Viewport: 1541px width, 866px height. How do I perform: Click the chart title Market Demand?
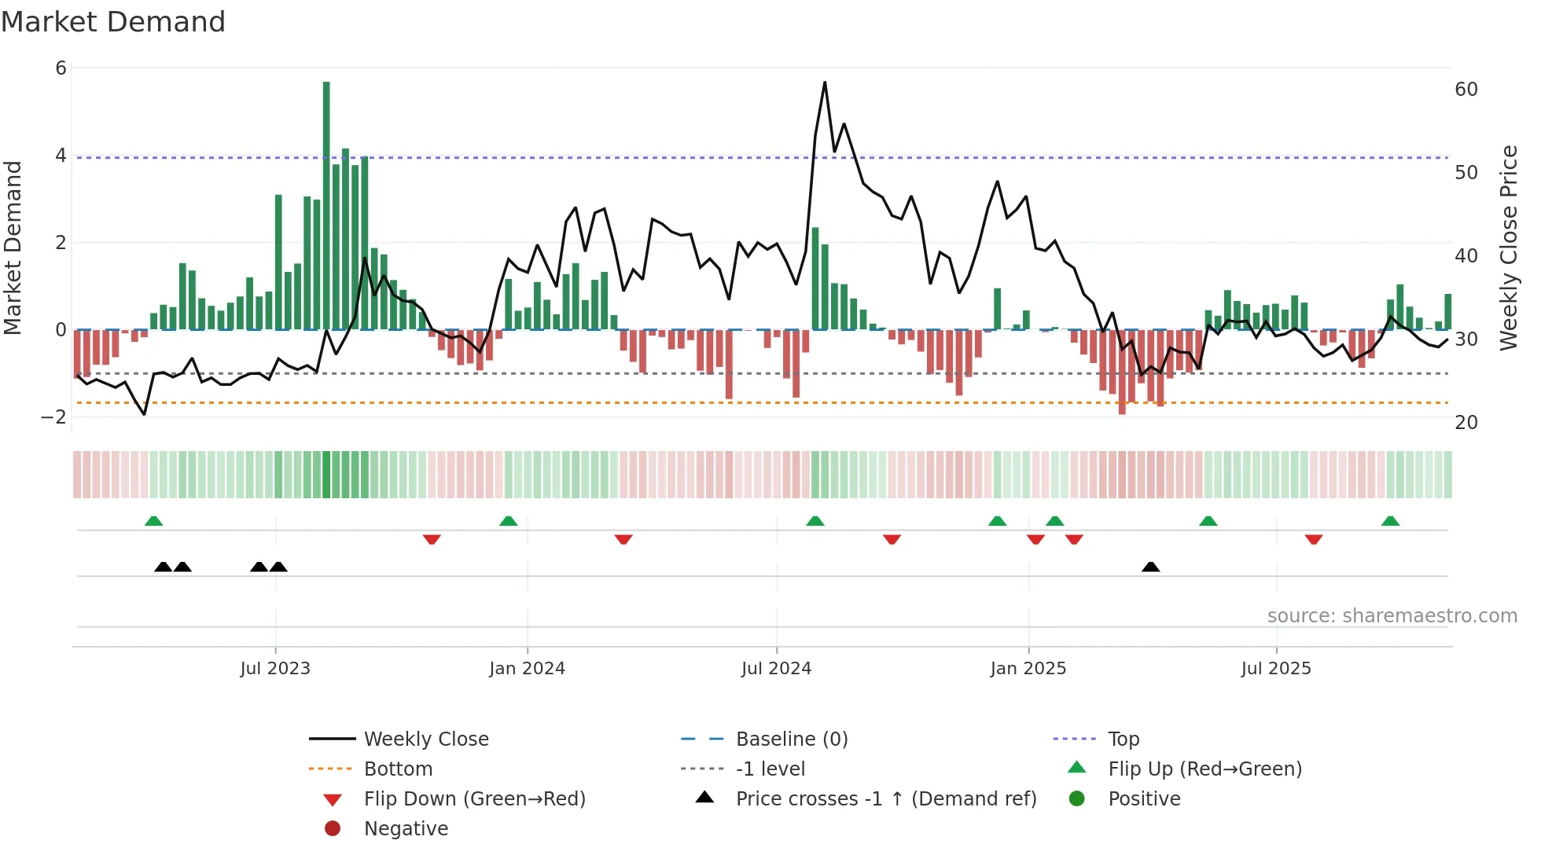coord(113,22)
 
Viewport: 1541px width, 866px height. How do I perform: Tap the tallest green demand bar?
coord(326,204)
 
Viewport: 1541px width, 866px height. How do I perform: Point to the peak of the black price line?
coord(825,83)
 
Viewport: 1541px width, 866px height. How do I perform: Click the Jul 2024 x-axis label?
coord(776,669)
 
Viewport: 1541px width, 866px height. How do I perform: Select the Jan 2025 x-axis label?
coord(1028,669)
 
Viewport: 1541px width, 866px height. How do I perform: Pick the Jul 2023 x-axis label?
coord(275,669)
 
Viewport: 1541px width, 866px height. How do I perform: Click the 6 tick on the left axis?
coord(61,68)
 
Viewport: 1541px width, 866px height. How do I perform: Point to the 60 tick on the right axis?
coord(1466,90)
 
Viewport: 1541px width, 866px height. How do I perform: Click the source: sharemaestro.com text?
coord(1392,616)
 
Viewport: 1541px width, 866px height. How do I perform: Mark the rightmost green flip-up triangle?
coord(1390,521)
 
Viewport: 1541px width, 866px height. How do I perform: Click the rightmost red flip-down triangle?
coord(1314,539)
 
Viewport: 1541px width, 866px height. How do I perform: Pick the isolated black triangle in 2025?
coord(1150,567)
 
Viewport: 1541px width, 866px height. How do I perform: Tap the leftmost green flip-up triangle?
coord(154,521)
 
